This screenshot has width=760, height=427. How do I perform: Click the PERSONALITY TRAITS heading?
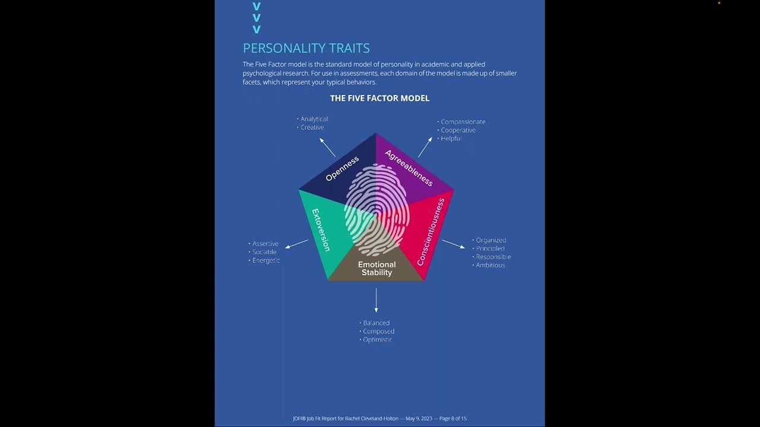pyautogui.click(x=306, y=48)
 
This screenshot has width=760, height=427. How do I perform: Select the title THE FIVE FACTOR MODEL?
pyautogui.click(x=379, y=98)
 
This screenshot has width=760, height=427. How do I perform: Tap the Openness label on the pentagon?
pyautogui.click(x=343, y=168)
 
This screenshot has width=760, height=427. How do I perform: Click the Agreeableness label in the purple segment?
pyautogui.click(x=409, y=168)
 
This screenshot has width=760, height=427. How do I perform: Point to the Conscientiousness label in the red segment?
pyautogui.click(x=431, y=232)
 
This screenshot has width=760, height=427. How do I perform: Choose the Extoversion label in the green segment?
pyautogui.click(x=321, y=230)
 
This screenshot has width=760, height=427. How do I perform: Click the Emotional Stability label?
pyautogui.click(x=376, y=269)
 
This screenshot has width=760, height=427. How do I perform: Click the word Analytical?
pyautogui.click(x=313, y=119)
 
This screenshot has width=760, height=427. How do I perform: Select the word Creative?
pyautogui.click(x=312, y=128)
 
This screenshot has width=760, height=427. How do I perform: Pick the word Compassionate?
pyautogui.click(x=463, y=122)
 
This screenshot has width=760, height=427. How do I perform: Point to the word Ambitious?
pyautogui.click(x=490, y=265)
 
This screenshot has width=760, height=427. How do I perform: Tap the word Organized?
pyautogui.click(x=491, y=240)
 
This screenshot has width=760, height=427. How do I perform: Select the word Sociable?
pyautogui.click(x=264, y=252)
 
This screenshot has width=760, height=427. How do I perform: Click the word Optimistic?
pyautogui.click(x=378, y=340)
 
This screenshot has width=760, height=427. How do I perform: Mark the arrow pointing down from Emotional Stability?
pyautogui.click(x=376, y=300)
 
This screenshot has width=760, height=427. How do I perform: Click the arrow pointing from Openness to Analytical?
pyautogui.click(x=327, y=146)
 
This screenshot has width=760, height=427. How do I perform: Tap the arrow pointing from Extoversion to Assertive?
pyautogui.click(x=296, y=244)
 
